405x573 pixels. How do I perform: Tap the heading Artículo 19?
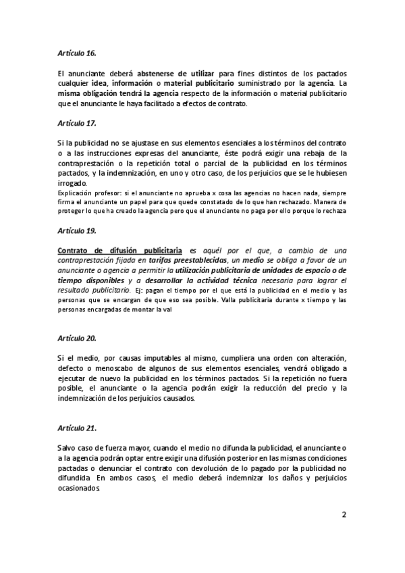[78, 230]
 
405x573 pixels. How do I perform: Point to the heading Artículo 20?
[78, 337]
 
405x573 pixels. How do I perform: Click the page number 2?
[344, 514]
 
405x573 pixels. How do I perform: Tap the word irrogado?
[73, 183]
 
